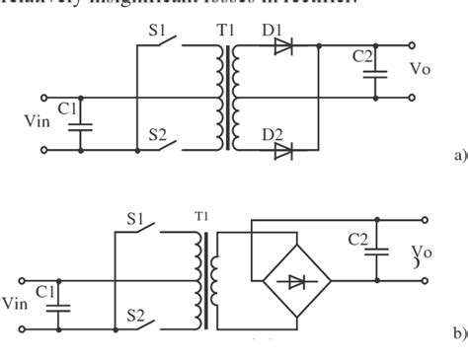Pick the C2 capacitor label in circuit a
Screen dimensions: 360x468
click(x=363, y=57)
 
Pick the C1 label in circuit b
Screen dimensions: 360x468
click(x=45, y=290)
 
